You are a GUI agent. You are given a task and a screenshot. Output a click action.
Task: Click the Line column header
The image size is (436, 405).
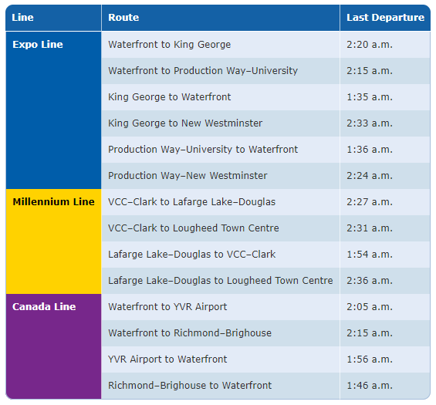click(22, 18)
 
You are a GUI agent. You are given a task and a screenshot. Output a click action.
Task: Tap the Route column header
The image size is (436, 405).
click(123, 18)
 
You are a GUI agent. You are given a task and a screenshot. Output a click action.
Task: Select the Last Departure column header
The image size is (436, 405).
click(385, 18)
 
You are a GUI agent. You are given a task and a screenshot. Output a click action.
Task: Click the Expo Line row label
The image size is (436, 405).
click(38, 45)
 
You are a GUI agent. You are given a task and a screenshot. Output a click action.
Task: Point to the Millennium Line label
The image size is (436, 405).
click(54, 202)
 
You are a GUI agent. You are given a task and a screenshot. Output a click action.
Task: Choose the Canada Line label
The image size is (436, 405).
click(44, 306)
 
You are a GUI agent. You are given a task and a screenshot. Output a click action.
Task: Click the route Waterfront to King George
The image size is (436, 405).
click(169, 45)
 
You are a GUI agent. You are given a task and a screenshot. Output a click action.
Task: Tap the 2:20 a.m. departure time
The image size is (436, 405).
click(370, 45)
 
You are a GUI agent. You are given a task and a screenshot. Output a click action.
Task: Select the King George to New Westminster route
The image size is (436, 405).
click(185, 123)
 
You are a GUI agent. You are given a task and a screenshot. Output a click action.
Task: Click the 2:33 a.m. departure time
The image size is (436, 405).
click(370, 123)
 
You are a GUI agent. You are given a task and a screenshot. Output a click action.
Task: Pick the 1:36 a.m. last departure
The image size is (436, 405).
click(370, 149)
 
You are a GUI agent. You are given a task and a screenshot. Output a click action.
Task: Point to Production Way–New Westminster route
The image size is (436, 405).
click(188, 176)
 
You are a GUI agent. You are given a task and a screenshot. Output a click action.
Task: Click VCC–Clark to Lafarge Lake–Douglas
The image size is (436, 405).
click(191, 202)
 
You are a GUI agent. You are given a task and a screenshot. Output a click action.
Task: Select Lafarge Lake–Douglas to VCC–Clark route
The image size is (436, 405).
click(191, 255)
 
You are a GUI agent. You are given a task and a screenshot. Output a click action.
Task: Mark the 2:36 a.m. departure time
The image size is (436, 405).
click(370, 281)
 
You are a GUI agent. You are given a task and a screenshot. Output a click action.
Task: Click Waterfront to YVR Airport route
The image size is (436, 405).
click(167, 306)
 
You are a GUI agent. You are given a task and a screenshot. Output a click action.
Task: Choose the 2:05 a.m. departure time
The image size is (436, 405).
click(370, 306)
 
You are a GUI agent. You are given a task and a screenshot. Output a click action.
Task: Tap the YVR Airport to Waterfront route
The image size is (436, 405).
click(167, 359)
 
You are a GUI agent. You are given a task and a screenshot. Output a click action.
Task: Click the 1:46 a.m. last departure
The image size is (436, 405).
click(370, 385)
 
